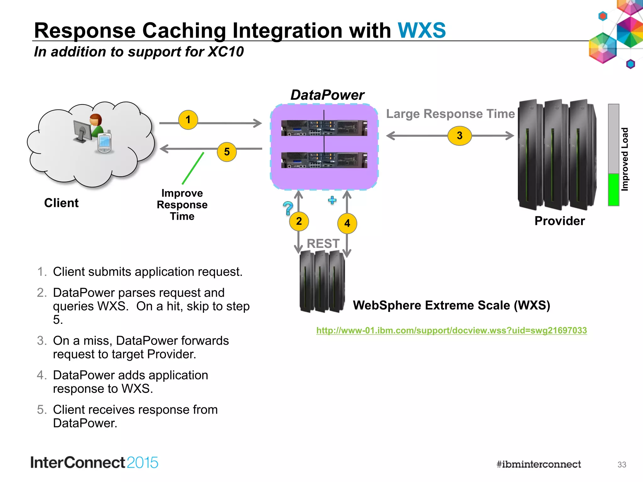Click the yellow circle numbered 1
[188, 120]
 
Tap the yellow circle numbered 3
[460, 136]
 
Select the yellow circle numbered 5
[227, 152]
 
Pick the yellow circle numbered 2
[299, 221]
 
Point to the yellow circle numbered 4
[347, 223]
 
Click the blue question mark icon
[288, 208]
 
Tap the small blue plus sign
[332, 200]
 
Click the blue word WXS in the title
[422, 30]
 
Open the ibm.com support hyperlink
[451, 330]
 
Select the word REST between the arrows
[323, 244]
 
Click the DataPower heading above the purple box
[327, 95]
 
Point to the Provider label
[559, 221]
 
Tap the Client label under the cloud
[61, 203]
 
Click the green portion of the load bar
[613, 190]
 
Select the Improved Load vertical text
[625, 159]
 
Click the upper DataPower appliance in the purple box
[324, 128]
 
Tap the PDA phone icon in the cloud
[104, 143]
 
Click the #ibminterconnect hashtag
[538, 464]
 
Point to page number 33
[622, 464]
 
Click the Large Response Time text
[450, 114]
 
